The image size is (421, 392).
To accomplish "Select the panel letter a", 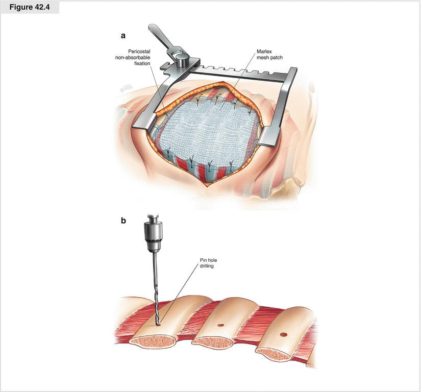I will [123, 36].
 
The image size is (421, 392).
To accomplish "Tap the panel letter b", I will [123, 222].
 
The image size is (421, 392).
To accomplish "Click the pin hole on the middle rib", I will [220, 325].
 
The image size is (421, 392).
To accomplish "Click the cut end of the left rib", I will [154, 343].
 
